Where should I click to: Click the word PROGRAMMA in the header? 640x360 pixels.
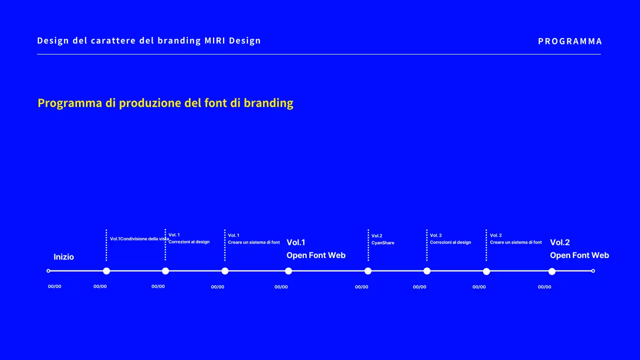pos(570,41)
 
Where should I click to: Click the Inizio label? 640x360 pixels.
pos(63,257)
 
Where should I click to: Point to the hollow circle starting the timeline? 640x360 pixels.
pos(48,271)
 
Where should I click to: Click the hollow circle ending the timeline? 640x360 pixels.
pos(593,271)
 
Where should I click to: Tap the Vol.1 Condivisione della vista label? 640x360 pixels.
pos(139,239)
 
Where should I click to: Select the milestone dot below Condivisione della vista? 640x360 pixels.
pos(106,271)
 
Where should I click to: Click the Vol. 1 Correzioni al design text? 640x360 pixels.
pos(189,238)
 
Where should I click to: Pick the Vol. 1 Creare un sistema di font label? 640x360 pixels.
pos(254,239)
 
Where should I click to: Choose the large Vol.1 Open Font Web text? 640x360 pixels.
pos(316,249)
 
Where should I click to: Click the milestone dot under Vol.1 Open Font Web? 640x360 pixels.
pos(288,271)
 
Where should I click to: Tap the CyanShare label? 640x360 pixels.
pos(382,242)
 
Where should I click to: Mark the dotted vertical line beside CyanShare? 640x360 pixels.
pos(368,245)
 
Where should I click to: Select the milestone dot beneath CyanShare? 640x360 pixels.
pos(368,271)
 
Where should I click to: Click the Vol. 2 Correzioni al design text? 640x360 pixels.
pos(450,239)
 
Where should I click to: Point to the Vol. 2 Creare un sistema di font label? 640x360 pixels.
pos(515,239)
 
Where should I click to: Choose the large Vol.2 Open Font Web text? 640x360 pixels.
pos(579,249)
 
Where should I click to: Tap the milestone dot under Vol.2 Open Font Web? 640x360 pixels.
pos(552,271)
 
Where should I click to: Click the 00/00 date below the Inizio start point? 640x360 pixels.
pos(54,286)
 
